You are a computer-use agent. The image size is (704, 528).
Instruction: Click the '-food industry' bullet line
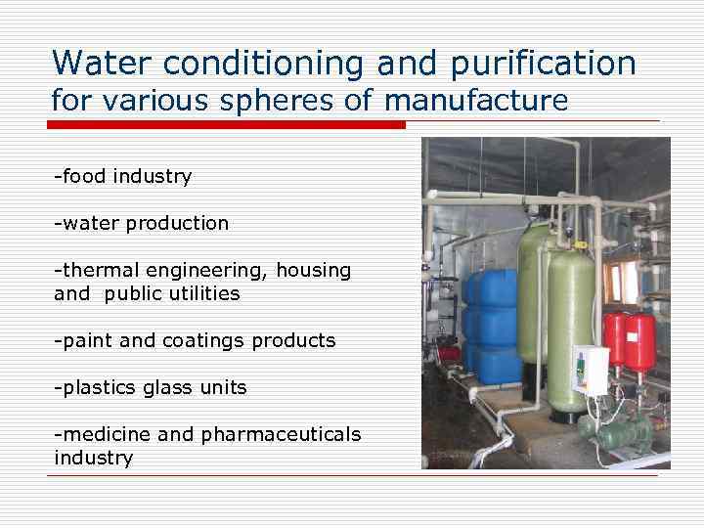[123, 177]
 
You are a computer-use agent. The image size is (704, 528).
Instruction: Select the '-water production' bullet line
[142, 223]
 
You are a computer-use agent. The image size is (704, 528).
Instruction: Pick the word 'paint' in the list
[86, 340]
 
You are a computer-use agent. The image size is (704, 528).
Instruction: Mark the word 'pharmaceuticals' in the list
[281, 434]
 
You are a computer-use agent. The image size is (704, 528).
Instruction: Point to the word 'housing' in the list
[313, 271]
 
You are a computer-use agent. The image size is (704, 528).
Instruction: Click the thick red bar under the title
[226, 124]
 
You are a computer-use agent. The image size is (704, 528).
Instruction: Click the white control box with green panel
[591, 370]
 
